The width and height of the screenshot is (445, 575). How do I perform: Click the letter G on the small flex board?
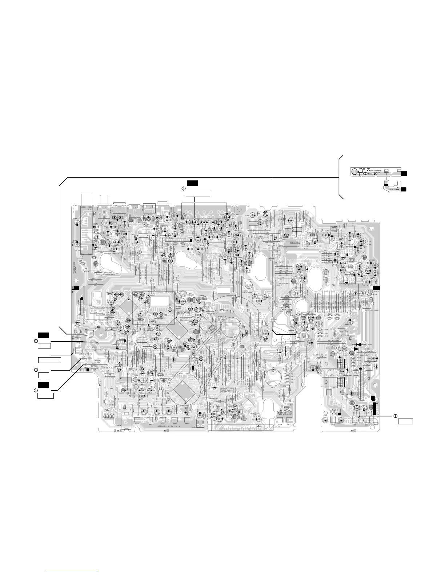coord(365,174)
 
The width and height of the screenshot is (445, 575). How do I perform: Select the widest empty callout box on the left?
coord(49,360)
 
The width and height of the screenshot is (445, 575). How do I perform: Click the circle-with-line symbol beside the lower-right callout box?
coord(395,416)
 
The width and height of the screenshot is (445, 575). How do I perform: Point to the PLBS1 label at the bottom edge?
coord(280,427)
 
